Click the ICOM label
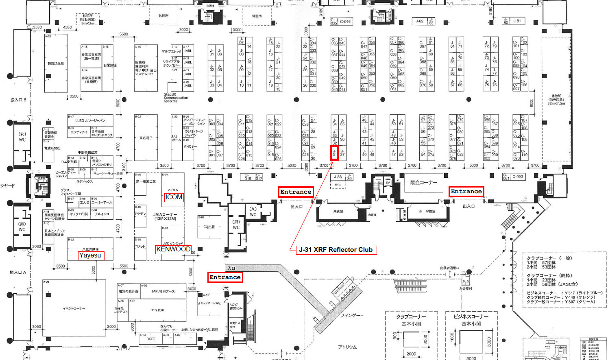174,197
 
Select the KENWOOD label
173,249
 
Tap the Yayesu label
90,255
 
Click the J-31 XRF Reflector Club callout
336,250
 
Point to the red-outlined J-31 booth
334,154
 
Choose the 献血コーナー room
423,183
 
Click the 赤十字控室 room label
427,212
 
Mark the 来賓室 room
338,212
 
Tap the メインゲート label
352,315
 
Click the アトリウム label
347,347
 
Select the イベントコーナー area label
74,308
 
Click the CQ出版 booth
209,227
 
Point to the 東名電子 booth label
146,138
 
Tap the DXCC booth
150,338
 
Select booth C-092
518,177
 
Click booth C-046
345,22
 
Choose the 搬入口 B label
18,100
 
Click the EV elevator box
388,183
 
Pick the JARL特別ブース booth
163,291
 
